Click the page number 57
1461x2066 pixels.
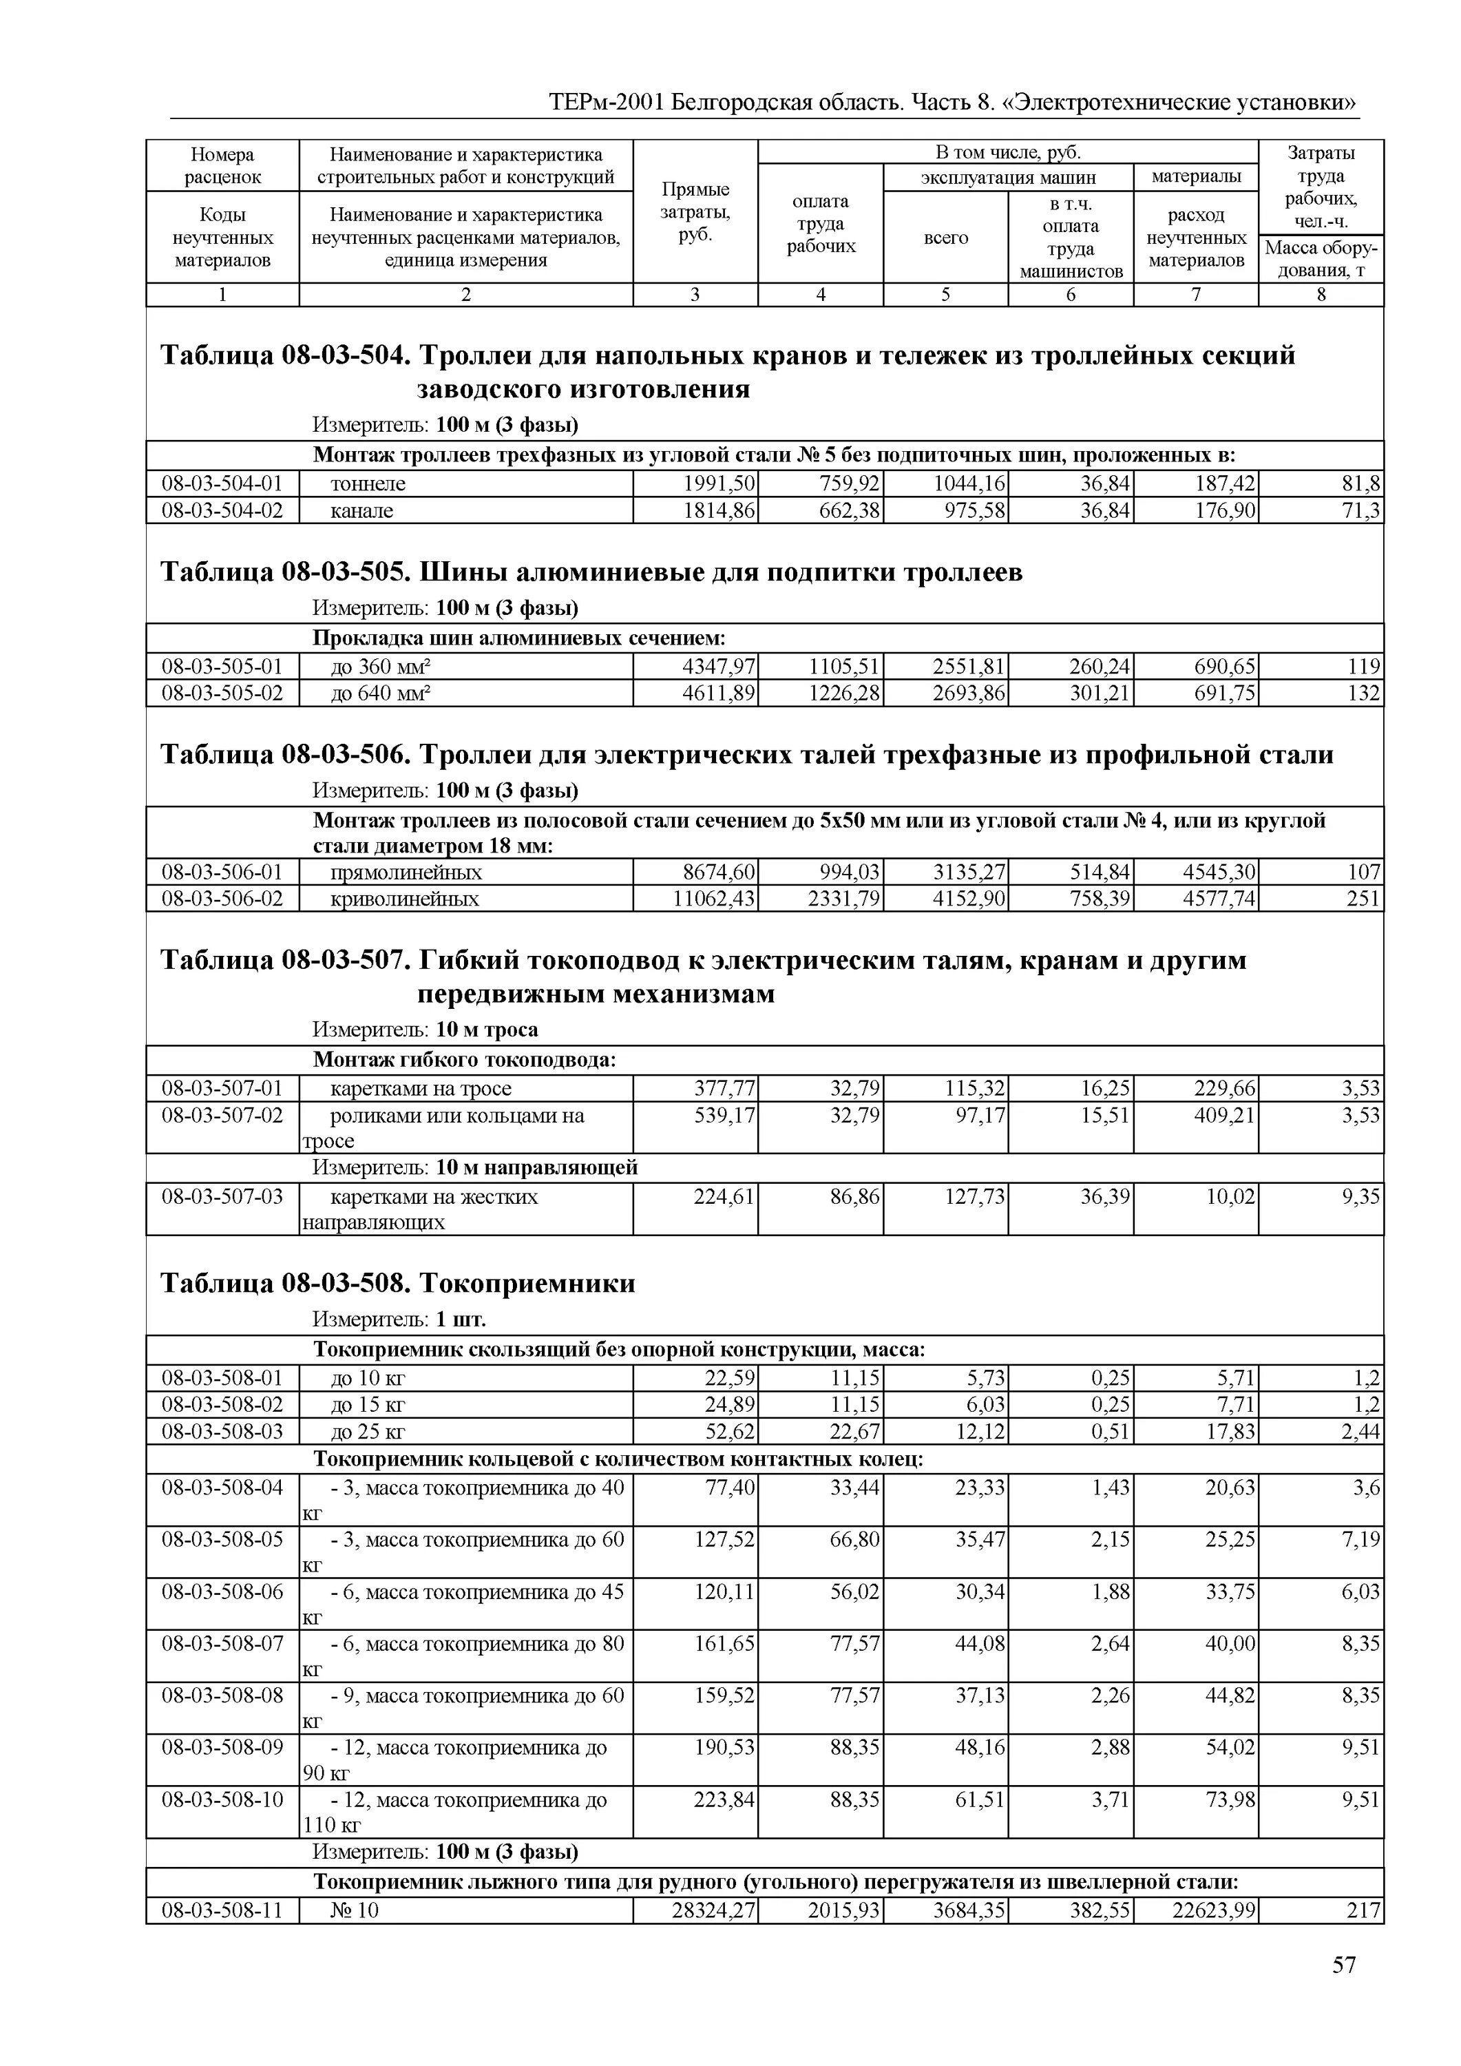tap(1343, 1990)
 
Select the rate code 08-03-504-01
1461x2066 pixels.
tap(222, 483)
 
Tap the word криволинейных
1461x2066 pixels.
tap(405, 899)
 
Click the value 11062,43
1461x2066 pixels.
tap(714, 899)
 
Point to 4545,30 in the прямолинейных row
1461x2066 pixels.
tap(1219, 872)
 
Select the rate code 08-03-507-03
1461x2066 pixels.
tap(222, 1197)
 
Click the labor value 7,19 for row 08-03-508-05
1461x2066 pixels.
tap(1360, 1540)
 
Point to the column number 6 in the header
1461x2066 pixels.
tap(1070, 294)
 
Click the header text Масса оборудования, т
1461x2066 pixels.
tap(1321, 259)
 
